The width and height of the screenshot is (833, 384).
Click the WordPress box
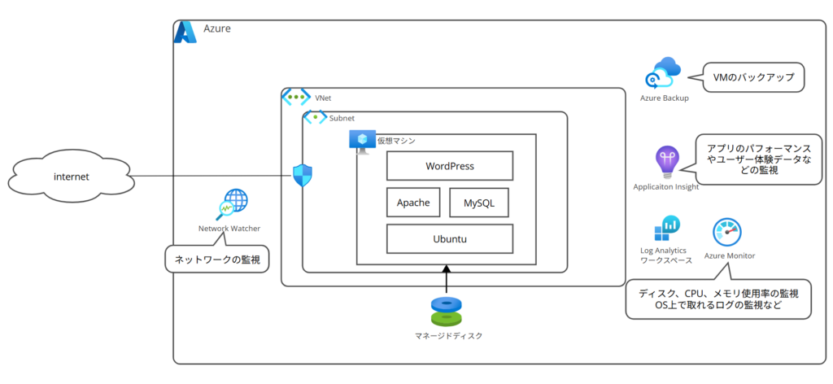[x=449, y=166]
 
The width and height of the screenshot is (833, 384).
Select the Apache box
[x=413, y=202]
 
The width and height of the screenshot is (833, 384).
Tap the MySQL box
[x=478, y=203]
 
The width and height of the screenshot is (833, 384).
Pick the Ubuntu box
[x=449, y=239]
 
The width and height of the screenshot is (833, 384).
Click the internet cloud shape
[x=72, y=177]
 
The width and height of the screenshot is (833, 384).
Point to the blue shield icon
[x=303, y=176]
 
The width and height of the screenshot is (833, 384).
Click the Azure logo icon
[x=185, y=32]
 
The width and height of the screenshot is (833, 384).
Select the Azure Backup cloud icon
[x=663, y=74]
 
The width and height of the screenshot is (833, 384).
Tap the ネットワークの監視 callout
[x=217, y=259]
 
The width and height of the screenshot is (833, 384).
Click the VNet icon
[x=296, y=97]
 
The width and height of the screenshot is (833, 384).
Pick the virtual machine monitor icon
[x=361, y=141]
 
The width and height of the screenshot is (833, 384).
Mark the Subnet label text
[x=342, y=119]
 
